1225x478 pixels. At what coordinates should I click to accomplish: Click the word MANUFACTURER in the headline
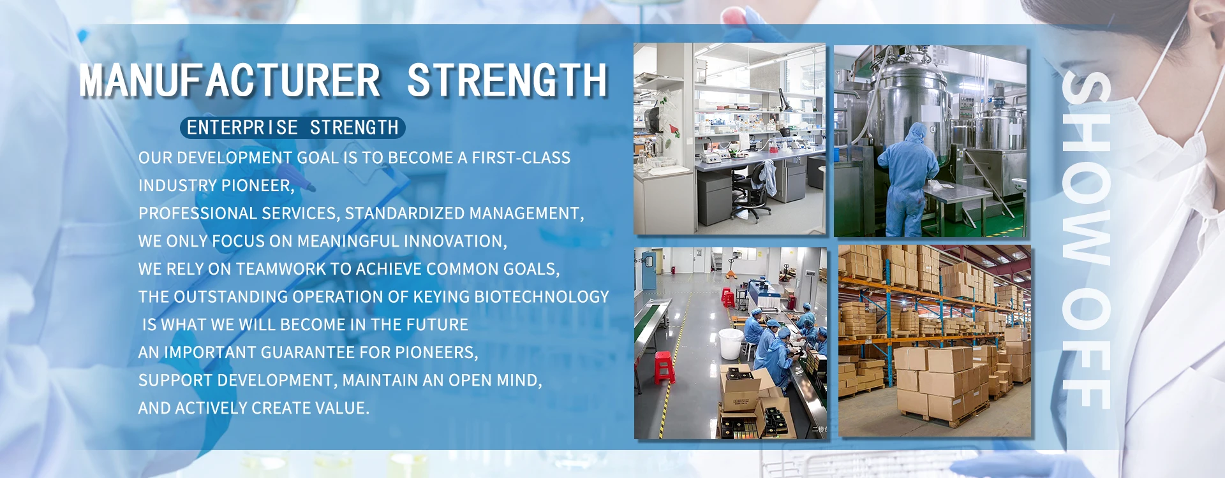[230, 80]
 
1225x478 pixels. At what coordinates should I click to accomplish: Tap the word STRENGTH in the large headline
[507, 80]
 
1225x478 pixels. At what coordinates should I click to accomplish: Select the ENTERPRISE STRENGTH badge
[293, 127]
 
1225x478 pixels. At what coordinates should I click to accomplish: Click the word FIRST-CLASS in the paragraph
[521, 158]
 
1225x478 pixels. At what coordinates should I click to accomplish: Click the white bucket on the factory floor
[731, 344]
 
